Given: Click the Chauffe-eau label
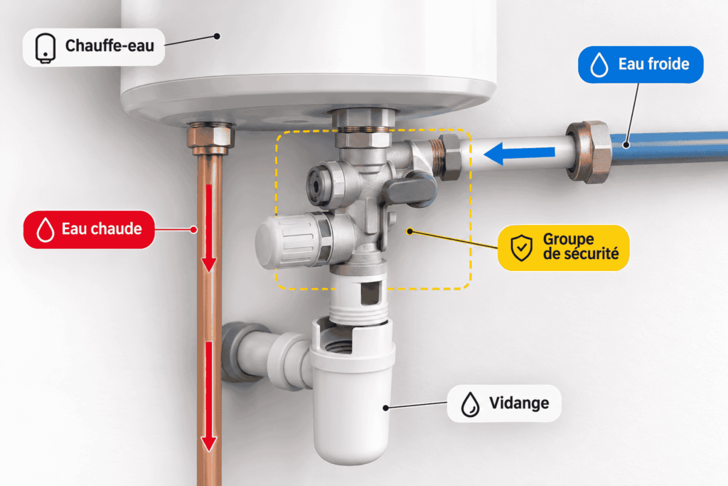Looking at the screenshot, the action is [x=94, y=47].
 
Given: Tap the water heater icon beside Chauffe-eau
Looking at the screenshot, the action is [x=45, y=48].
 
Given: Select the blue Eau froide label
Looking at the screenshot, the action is [x=641, y=65].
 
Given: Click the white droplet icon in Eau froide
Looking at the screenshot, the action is [x=599, y=65].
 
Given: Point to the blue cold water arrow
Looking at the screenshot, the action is [x=519, y=153].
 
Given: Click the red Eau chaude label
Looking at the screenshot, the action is [x=89, y=230].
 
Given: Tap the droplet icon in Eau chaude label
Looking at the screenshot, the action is [x=45, y=230].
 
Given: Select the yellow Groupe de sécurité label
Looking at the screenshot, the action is [x=563, y=248].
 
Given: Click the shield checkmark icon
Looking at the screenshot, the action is [x=521, y=248].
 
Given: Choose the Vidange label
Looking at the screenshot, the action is [x=504, y=403].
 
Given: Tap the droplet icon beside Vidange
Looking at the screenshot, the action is [x=471, y=403].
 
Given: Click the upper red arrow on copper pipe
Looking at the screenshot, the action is [x=209, y=228].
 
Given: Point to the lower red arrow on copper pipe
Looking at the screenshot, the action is [x=209, y=396].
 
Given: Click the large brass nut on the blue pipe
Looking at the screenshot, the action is [x=588, y=152].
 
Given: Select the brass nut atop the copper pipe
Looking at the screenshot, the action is [x=210, y=138].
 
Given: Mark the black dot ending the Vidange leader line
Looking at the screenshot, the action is [x=386, y=408].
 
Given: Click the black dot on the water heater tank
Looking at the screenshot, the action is [x=217, y=36].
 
